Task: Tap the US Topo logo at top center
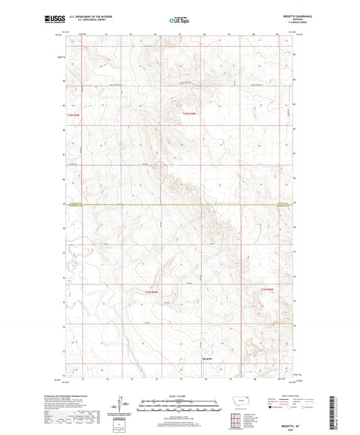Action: click(179, 20)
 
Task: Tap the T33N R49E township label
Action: click(191, 114)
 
